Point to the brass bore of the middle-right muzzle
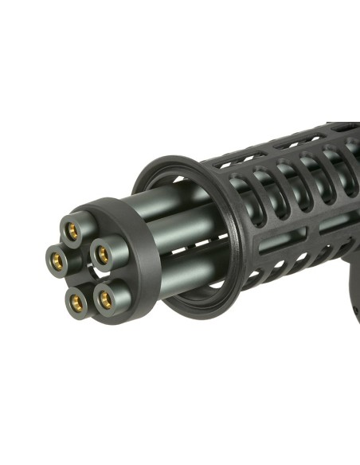102,255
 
